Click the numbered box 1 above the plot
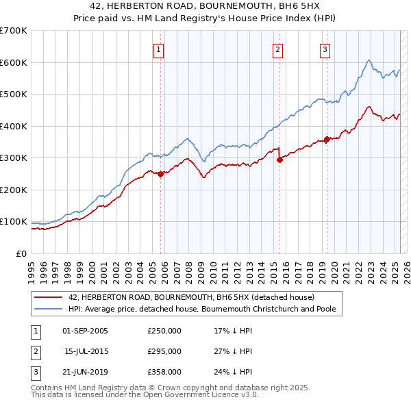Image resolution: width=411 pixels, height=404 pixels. pos(158,49)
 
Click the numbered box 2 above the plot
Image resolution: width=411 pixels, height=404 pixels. pos(277,49)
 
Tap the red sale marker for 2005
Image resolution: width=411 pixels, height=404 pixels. pos(160,174)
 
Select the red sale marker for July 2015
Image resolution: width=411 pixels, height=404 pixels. pos(279,160)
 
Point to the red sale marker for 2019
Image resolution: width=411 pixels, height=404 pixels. pos(327,139)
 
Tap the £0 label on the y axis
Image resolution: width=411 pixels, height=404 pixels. pos(21,253)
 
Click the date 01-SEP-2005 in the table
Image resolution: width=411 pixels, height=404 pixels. pos(85,331)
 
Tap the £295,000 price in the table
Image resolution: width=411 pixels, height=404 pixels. pos(164,351)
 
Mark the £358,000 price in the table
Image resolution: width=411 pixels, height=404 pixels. pos(164,372)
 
